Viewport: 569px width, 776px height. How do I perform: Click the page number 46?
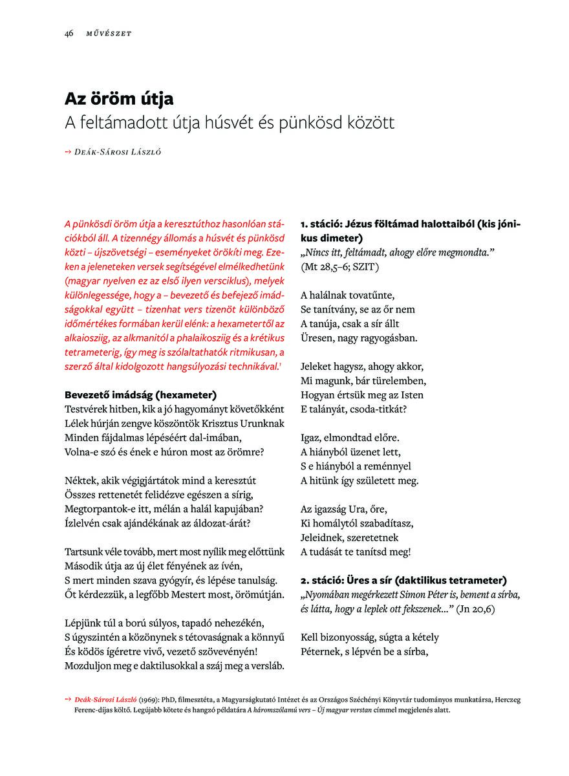tap(68, 34)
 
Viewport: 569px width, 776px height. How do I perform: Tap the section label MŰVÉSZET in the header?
tap(109, 34)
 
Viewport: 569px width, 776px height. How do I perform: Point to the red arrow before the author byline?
tap(68, 152)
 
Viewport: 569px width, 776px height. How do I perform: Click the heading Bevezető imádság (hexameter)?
tap(140, 394)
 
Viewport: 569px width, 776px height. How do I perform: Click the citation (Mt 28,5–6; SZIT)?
tap(340, 266)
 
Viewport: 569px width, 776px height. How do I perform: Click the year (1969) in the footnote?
tap(150, 700)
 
